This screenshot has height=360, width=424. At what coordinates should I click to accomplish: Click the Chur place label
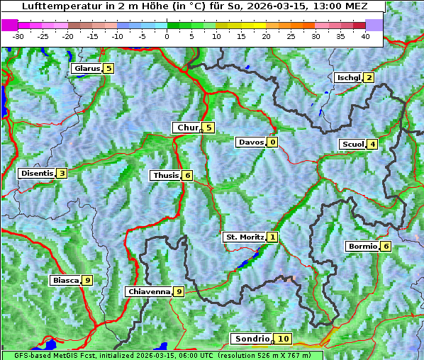click(x=187, y=128)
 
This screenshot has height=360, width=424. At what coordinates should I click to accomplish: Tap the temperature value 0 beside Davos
click(x=272, y=142)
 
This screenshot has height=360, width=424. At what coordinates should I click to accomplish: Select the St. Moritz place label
click(x=244, y=237)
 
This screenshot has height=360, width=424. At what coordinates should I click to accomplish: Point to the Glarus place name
click(x=86, y=69)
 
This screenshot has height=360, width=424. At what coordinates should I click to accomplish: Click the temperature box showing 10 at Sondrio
click(x=283, y=339)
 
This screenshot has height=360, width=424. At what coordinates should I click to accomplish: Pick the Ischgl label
click(x=348, y=77)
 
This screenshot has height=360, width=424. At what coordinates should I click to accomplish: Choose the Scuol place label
click(x=352, y=144)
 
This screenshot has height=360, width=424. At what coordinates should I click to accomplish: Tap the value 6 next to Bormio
click(x=385, y=247)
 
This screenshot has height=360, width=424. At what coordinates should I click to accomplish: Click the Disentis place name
click(x=37, y=173)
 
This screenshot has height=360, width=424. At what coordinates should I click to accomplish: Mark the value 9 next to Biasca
click(x=87, y=280)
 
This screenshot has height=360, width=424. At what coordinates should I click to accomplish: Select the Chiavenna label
click(x=148, y=291)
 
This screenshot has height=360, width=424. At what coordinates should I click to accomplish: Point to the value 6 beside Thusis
click(x=186, y=175)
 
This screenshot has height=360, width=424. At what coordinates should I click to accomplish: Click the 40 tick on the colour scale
click(x=365, y=35)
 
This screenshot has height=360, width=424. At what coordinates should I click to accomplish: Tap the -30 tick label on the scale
click(x=18, y=35)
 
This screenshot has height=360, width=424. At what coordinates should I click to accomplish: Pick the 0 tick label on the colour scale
click(x=167, y=35)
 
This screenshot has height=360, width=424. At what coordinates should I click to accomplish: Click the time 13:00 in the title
click(x=299, y=6)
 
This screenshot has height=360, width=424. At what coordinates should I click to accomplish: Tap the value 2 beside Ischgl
click(x=369, y=77)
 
